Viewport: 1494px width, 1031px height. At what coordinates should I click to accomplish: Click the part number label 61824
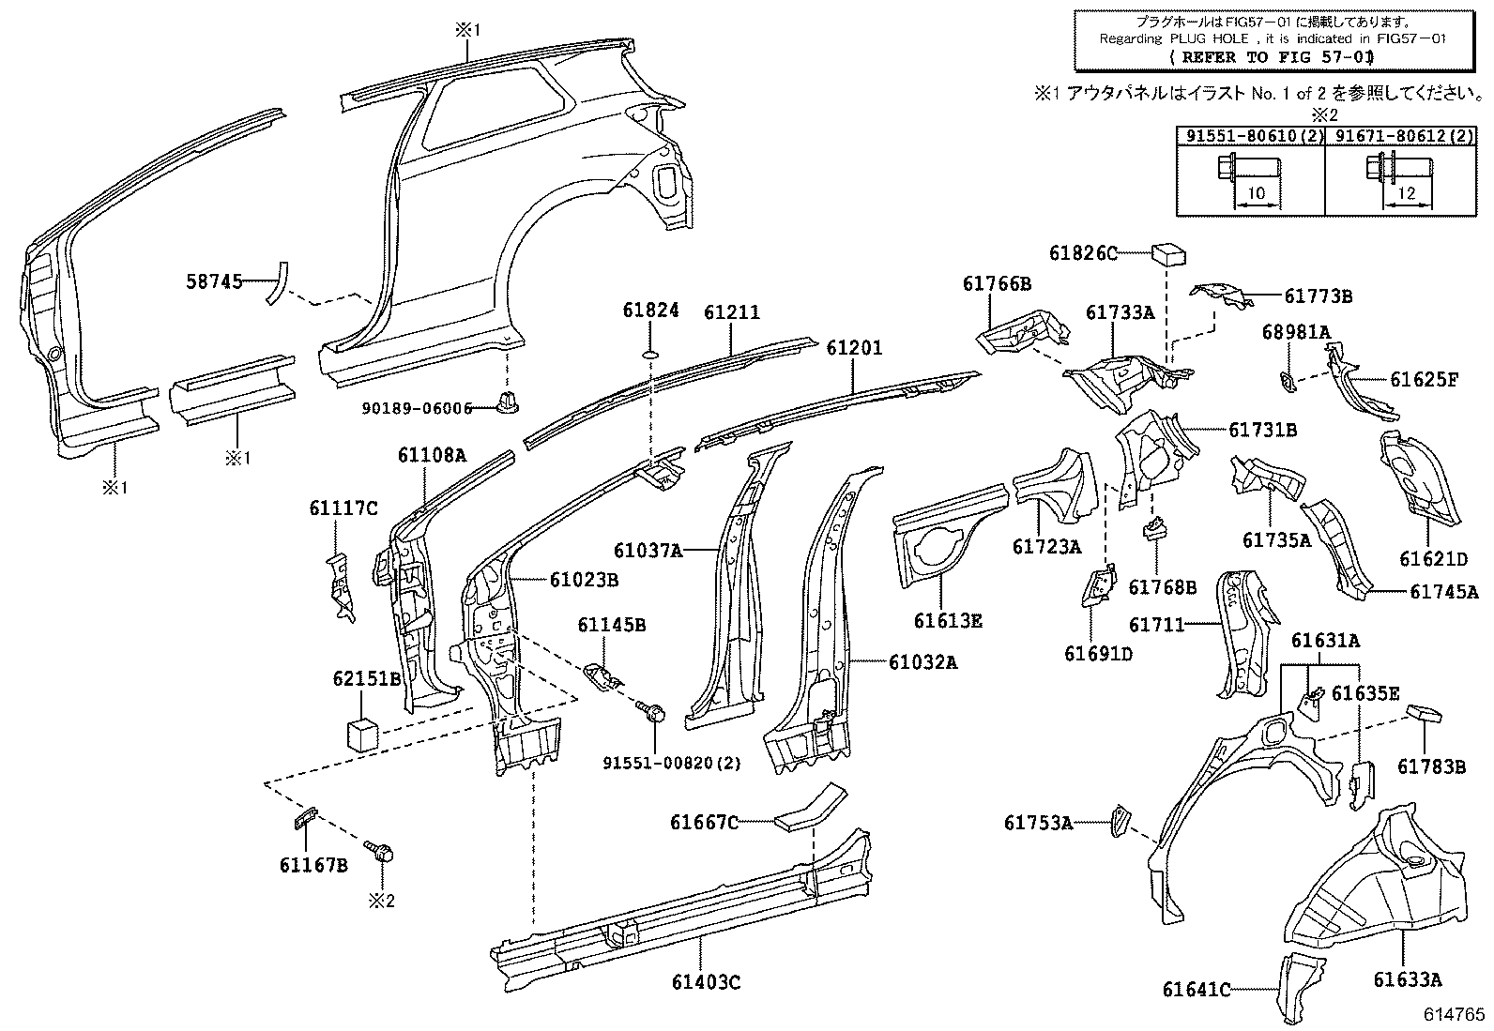coord(650,311)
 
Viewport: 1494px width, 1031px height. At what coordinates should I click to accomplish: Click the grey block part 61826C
coord(1167,253)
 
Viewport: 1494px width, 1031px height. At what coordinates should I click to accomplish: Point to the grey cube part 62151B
coord(362,733)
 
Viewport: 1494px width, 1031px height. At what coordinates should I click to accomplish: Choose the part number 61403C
coord(706,982)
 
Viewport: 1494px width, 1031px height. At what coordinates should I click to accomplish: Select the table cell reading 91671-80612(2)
coord(1398,136)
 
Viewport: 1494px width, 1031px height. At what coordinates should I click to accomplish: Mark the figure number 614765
coord(1454,1014)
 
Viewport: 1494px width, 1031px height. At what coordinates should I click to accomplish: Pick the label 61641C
coord(1196,990)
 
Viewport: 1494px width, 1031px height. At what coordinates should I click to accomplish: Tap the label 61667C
coord(704,823)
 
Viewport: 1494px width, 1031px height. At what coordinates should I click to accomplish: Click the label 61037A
coord(648,551)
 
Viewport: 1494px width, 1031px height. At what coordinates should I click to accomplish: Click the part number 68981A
coord(1296,331)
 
